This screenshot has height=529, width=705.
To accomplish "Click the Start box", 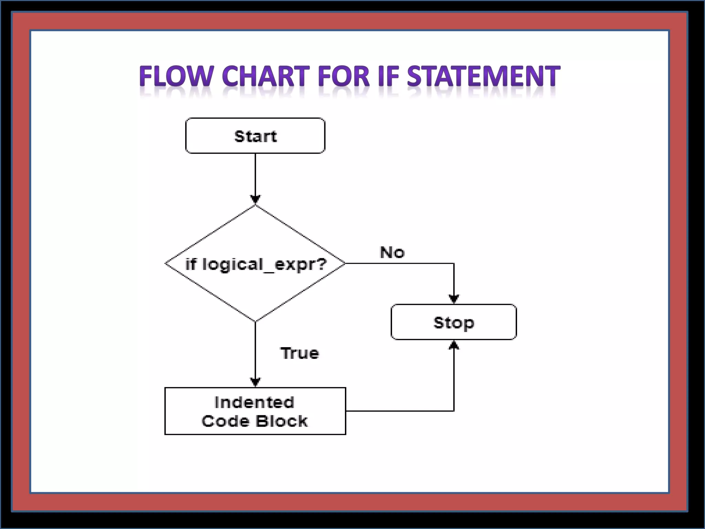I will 255,136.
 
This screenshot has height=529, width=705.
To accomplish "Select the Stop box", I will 453,322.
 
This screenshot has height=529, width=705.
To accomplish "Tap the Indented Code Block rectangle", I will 255,411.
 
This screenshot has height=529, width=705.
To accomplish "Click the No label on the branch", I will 392,253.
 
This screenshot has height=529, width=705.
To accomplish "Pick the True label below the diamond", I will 300,353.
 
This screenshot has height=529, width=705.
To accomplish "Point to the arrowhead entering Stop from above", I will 454,299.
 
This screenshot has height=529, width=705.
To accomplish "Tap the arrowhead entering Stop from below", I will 454,345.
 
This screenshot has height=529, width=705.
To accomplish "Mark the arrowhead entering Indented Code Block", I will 255,382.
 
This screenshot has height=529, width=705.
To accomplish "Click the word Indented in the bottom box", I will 254,402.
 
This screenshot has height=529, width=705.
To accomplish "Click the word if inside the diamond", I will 191,264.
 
